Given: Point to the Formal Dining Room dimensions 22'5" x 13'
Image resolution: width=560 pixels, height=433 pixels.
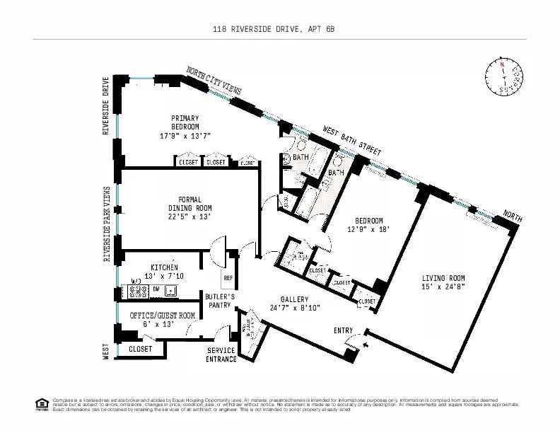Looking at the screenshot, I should [189, 216].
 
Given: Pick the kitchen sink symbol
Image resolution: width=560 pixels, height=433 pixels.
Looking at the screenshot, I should [170, 290].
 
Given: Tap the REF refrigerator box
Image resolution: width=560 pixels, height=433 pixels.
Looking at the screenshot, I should [228, 278].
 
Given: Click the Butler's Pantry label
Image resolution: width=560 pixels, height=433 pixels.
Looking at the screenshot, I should [219, 301].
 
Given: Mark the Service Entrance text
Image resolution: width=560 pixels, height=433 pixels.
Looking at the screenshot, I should [221, 355].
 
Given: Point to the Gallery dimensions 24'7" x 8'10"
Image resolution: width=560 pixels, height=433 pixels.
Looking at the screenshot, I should [295, 308].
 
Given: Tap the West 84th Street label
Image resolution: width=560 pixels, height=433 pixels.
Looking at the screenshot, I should [352, 142].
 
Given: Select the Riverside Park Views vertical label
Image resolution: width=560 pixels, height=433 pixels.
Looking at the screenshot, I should [107, 224].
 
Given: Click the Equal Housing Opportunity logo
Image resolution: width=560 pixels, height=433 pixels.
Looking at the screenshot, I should [41, 405].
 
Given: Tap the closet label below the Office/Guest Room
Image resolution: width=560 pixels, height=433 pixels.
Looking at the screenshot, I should [141, 349].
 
